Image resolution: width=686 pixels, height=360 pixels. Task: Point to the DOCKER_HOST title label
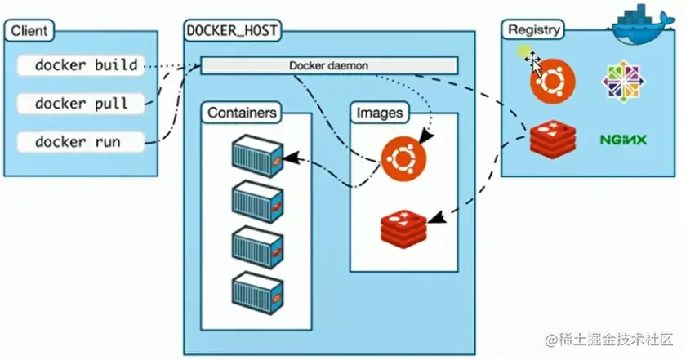(x=232, y=32)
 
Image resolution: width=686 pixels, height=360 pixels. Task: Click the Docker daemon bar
(x=329, y=65)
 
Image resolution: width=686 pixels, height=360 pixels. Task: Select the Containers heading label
(x=242, y=112)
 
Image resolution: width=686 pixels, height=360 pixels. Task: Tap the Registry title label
(x=534, y=30)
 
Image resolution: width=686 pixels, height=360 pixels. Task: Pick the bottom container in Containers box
(x=256, y=290)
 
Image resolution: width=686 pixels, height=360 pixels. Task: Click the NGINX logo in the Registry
(x=622, y=140)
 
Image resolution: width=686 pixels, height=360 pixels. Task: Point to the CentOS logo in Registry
(x=622, y=81)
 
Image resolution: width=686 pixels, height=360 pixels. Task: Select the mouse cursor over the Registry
(x=533, y=60)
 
